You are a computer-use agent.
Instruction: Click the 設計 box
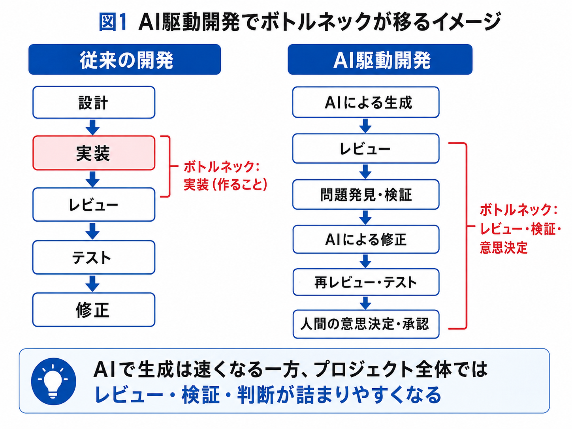[x=94, y=102]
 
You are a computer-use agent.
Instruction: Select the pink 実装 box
[x=94, y=153]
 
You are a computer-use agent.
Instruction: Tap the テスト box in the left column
[x=94, y=257]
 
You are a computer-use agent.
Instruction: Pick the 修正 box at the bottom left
[x=94, y=310]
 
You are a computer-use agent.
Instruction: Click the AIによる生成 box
[x=366, y=102]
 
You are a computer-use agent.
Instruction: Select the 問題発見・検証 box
[x=366, y=194]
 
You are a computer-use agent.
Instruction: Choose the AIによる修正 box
[x=366, y=239]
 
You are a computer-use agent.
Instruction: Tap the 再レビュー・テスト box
[x=366, y=282]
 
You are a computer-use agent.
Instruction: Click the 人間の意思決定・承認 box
[x=366, y=324]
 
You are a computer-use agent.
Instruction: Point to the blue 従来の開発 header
[x=124, y=59]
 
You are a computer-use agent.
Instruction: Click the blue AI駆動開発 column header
[x=380, y=59]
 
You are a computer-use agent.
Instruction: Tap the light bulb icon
[x=53, y=381]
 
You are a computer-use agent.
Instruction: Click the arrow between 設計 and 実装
[x=92, y=127]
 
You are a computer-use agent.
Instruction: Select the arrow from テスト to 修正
[x=92, y=284]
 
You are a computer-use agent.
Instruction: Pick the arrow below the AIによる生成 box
[x=365, y=126]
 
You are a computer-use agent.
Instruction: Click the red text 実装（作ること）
[x=226, y=185]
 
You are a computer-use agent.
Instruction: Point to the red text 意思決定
[x=504, y=248]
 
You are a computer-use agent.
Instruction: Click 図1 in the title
[x=113, y=23]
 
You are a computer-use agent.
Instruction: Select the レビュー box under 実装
[x=94, y=205]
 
